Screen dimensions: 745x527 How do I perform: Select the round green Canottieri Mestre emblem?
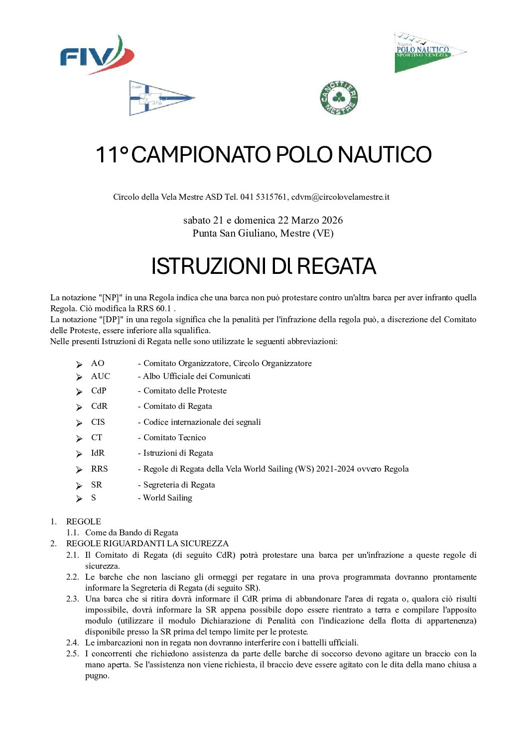(x=339, y=98)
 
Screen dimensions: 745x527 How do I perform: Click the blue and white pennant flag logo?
(x=160, y=98)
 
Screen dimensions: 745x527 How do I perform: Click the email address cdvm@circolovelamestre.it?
(x=340, y=197)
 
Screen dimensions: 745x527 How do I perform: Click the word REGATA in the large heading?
(x=337, y=266)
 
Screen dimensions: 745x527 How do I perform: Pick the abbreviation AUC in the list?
(x=101, y=376)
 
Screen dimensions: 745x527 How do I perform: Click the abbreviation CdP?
(x=99, y=391)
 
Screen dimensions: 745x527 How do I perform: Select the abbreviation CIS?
(x=98, y=422)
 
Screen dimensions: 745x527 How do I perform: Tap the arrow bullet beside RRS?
(x=79, y=470)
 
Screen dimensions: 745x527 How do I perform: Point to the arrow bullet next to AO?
(x=79, y=364)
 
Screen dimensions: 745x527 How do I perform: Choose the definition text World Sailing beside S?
(x=167, y=498)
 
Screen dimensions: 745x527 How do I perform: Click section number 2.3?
(x=73, y=599)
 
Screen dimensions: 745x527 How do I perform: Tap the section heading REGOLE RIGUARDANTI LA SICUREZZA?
(x=147, y=544)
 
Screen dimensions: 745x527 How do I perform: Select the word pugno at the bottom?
(x=97, y=676)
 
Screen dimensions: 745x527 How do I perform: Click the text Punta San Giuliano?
(x=234, y=233)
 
